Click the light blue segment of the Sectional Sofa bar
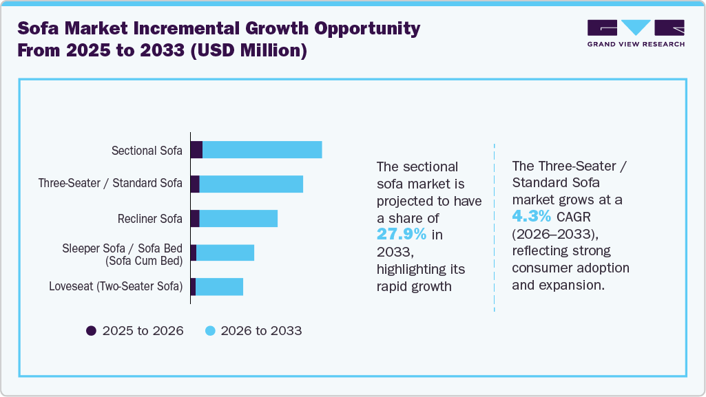coord(262,150)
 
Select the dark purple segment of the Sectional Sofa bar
coord(196,150)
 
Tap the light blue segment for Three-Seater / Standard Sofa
coord(251,184)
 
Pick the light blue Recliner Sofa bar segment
coord(238,219)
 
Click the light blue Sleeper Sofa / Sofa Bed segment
coord(225,253)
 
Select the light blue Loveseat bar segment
coord(219,287)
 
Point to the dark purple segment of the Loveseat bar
coord(193,287)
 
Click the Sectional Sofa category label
coord(147,150)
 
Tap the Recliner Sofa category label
coord(149,219)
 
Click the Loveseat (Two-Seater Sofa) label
coord(116,287)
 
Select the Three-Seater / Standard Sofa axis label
coord(110,184)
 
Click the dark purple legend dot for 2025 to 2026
coord(91,331)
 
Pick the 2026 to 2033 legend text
coord(261,331)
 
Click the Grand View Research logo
coord(635,33)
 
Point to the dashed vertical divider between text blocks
coord(495,227)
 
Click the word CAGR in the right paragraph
coord(574,217)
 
